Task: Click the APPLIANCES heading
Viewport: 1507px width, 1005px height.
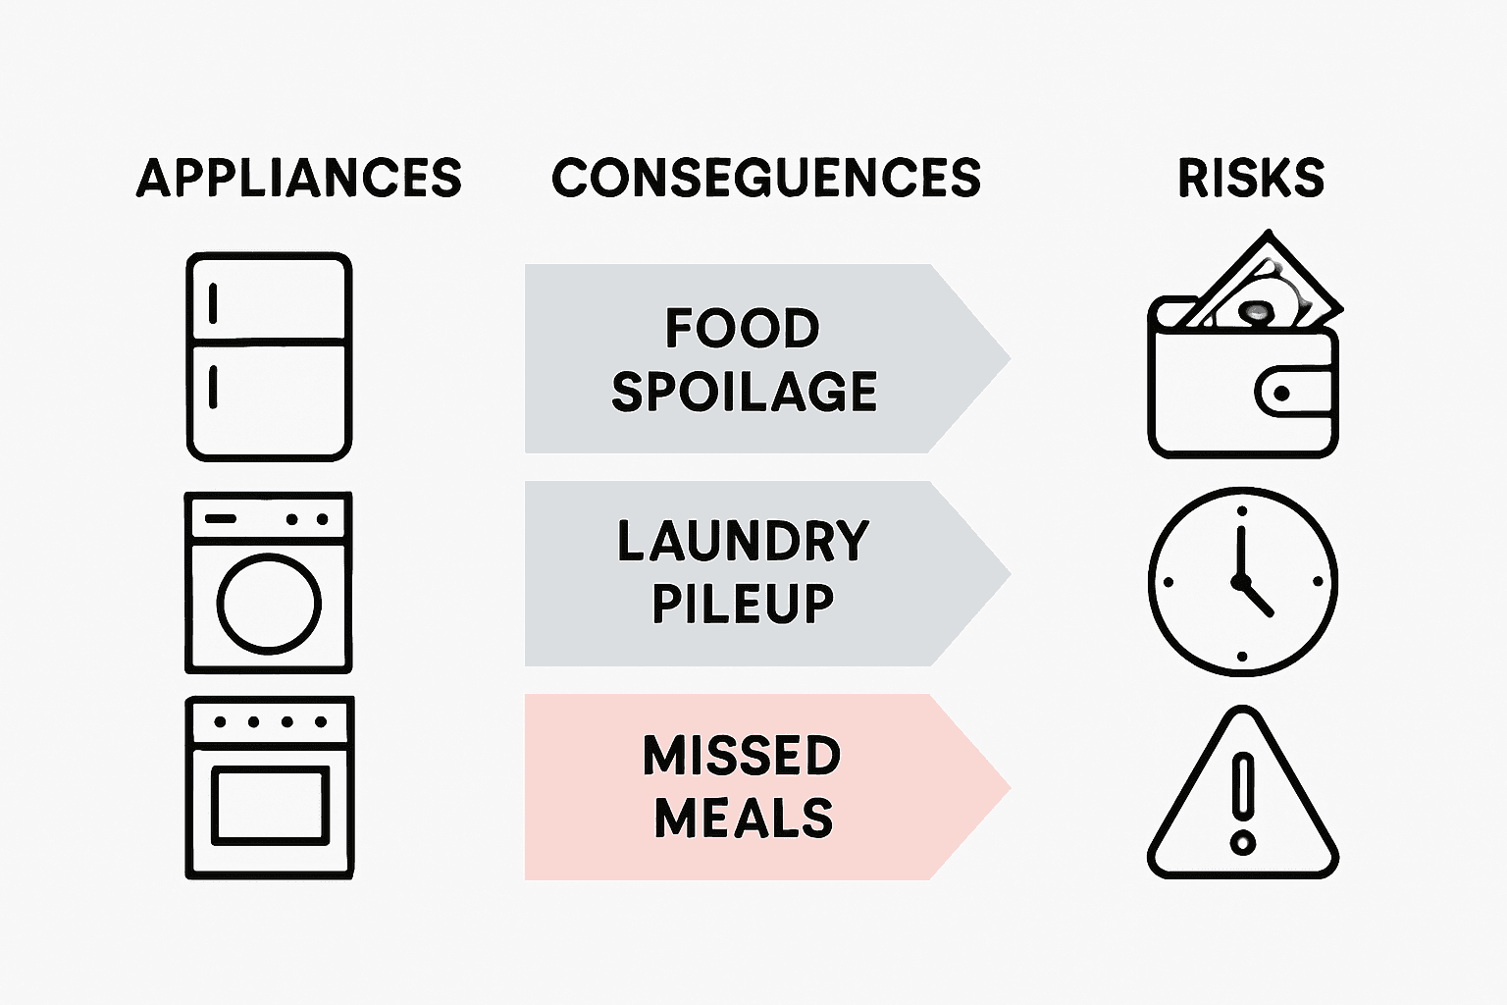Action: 298,178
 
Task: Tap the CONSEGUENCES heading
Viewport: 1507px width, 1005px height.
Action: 766,178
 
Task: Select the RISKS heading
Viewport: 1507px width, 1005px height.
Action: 1251,178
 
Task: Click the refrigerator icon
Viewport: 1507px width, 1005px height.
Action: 269,357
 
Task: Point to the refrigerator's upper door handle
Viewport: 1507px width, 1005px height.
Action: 213,302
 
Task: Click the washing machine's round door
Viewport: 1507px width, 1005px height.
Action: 269,604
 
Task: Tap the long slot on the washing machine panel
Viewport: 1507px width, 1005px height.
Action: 221,518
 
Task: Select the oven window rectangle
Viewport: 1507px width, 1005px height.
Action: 269,806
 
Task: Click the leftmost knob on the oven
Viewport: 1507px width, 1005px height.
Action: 220,722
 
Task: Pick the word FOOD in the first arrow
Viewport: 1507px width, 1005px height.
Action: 743,328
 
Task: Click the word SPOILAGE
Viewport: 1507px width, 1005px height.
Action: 744,391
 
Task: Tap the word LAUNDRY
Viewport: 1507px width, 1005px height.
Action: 743,542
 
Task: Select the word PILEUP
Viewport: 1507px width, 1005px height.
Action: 743,604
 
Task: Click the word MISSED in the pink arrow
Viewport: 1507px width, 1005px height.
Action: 743,756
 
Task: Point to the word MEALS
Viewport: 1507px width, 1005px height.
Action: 743,818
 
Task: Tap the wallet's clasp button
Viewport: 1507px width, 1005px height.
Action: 1281,394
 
